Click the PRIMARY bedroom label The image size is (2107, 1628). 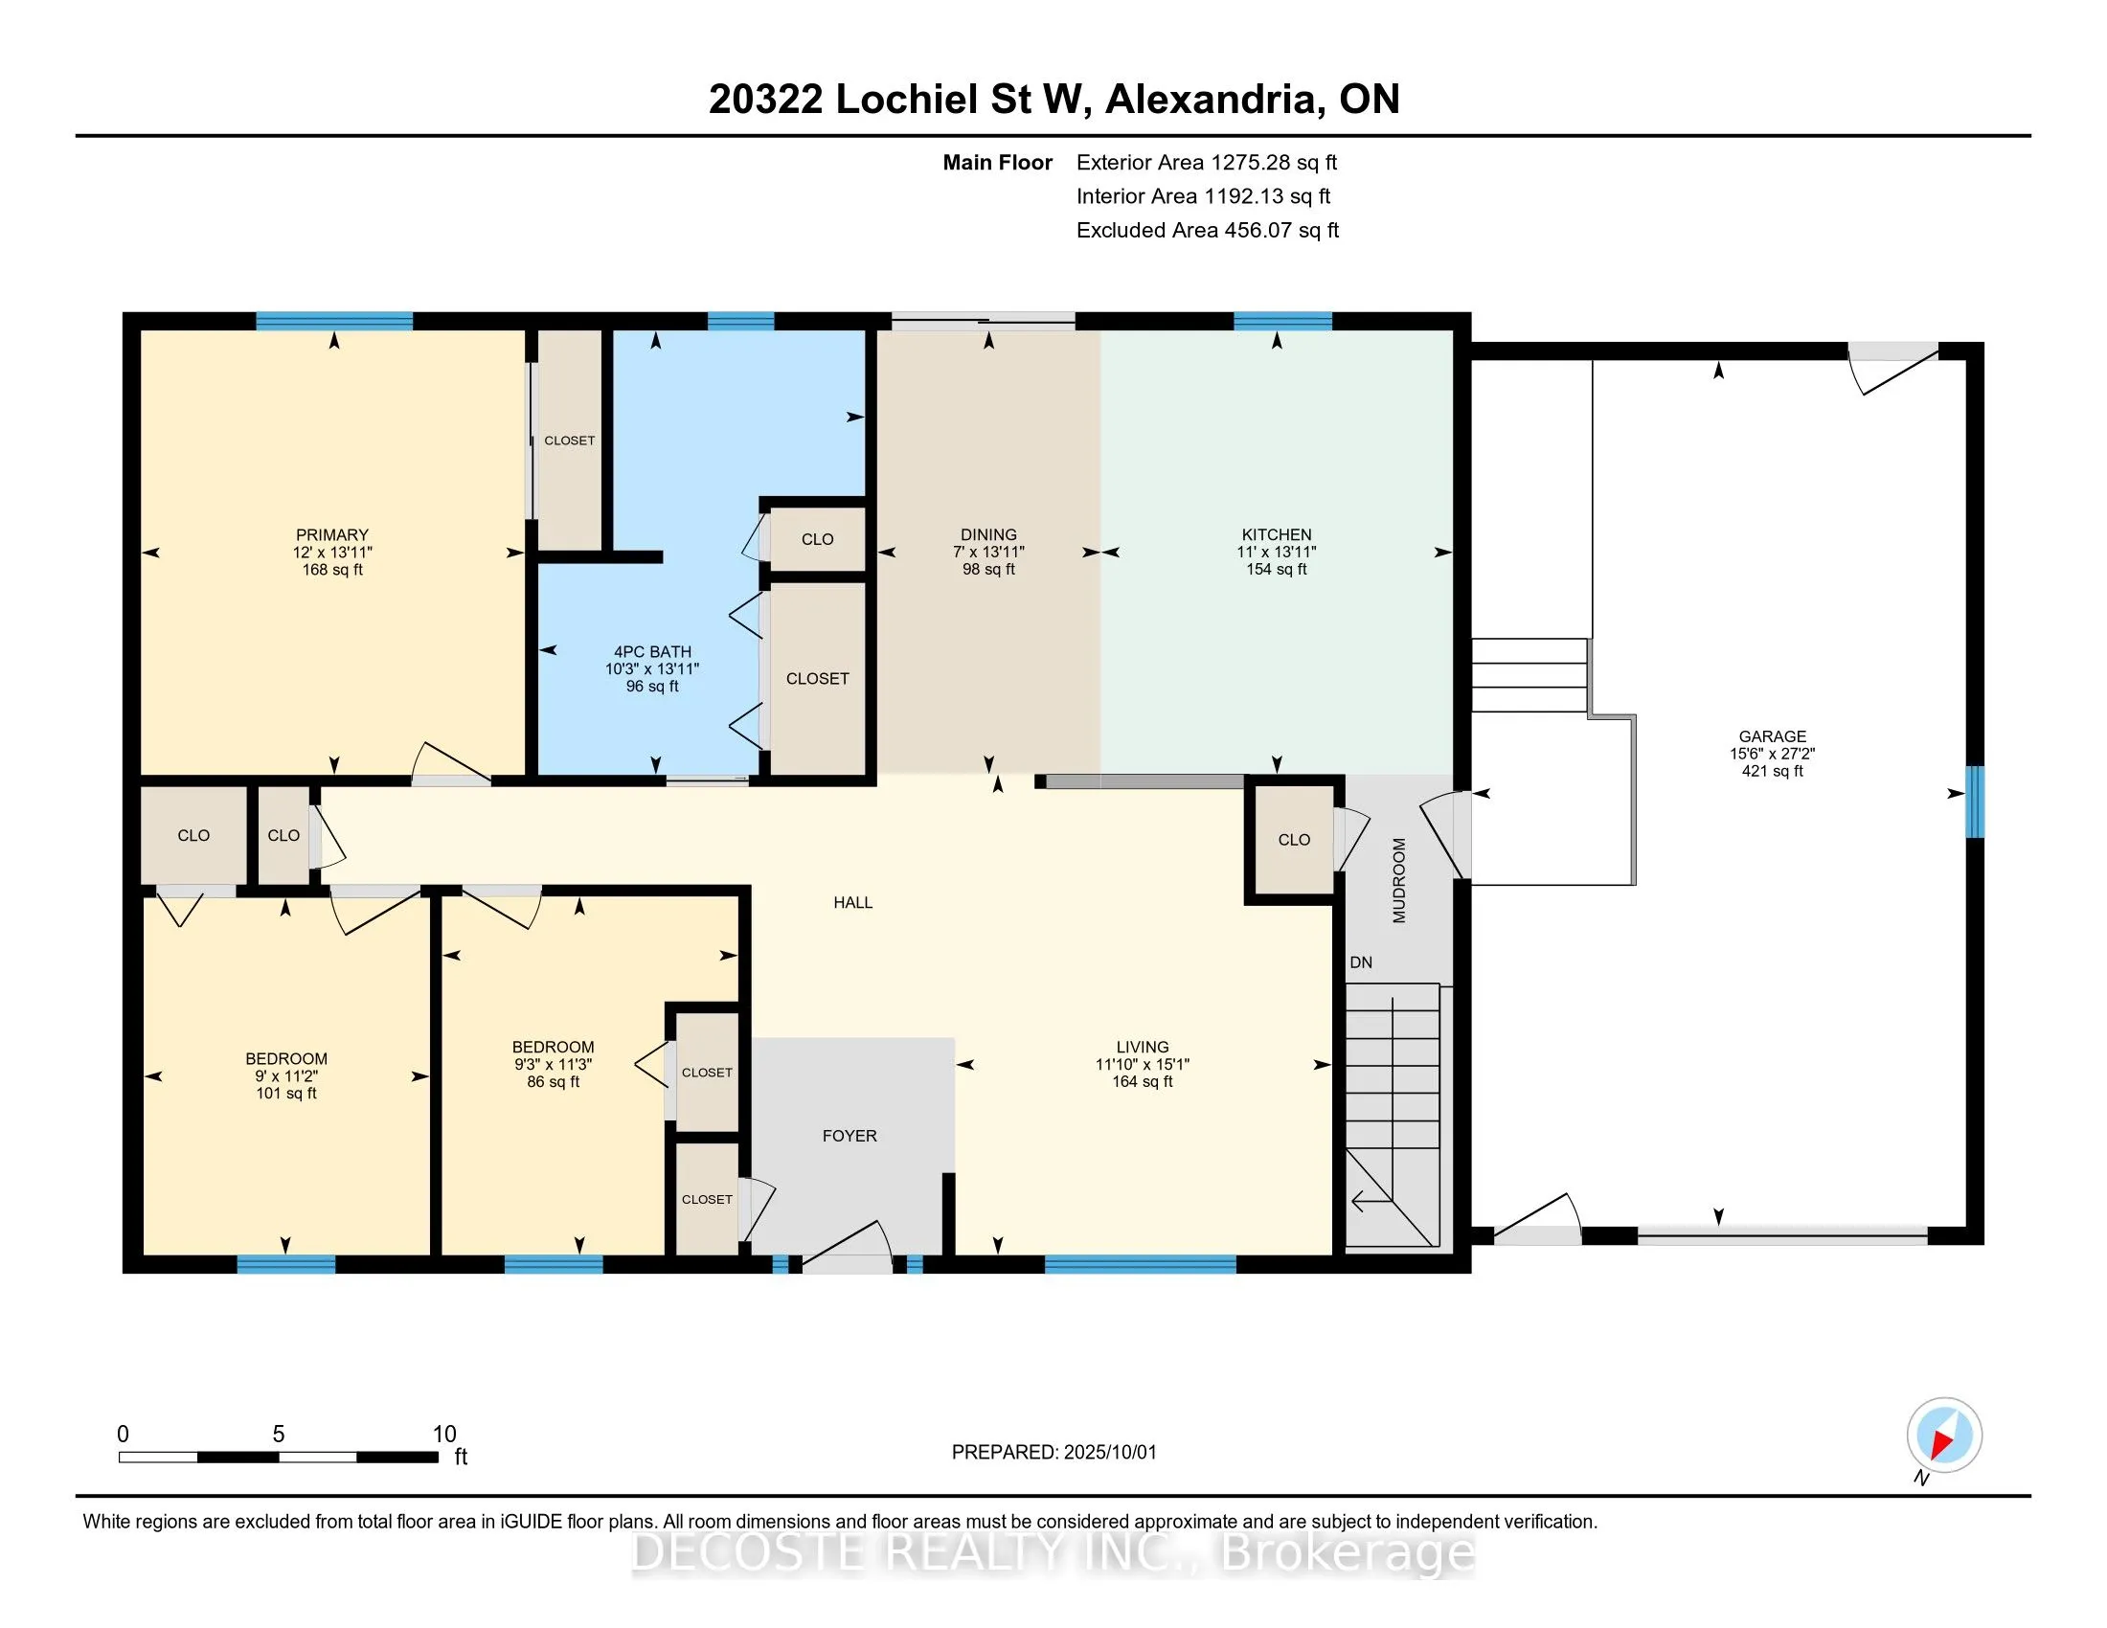pyautogui.click(x=332, y=534)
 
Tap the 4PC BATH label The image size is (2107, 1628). pyautogui.click(x=652, y=651)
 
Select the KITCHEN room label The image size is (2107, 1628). pyautogui.click(x=1277, y=534)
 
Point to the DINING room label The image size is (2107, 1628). pyautogui.click(x=989, y=534)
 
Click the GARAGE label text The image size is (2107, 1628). pyautogui.click(x=1772, y=735)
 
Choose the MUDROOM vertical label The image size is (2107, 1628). pyautogui.click(x=1399, y=880)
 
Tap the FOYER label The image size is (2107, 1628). pyautogui.click(x=849, y=1136)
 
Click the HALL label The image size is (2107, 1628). pyautogui.click(x=852, y=903)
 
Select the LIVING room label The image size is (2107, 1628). pyautogui.click(x=1143, y=1048)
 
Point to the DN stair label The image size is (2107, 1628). pyautogui.click(x=1360, y=962)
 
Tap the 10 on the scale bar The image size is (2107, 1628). pyautogui.click(x=443, y=1434)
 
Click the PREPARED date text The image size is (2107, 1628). pyautogui.click(x=1053, y=1452)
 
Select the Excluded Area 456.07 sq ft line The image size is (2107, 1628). pyautogui.click(x=1208, y=230)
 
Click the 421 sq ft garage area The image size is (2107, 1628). pyautogui.click(x=1772, y=771)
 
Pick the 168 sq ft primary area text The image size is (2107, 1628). pyautogui.click(x=332, y=569)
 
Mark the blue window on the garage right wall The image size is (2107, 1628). pyautogui.click(x=1975, y=802)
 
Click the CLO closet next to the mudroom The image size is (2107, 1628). pyautogui.click(x=1294, y=840)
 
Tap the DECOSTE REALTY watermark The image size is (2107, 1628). pyautogui.click(x=1053, y=1552)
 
